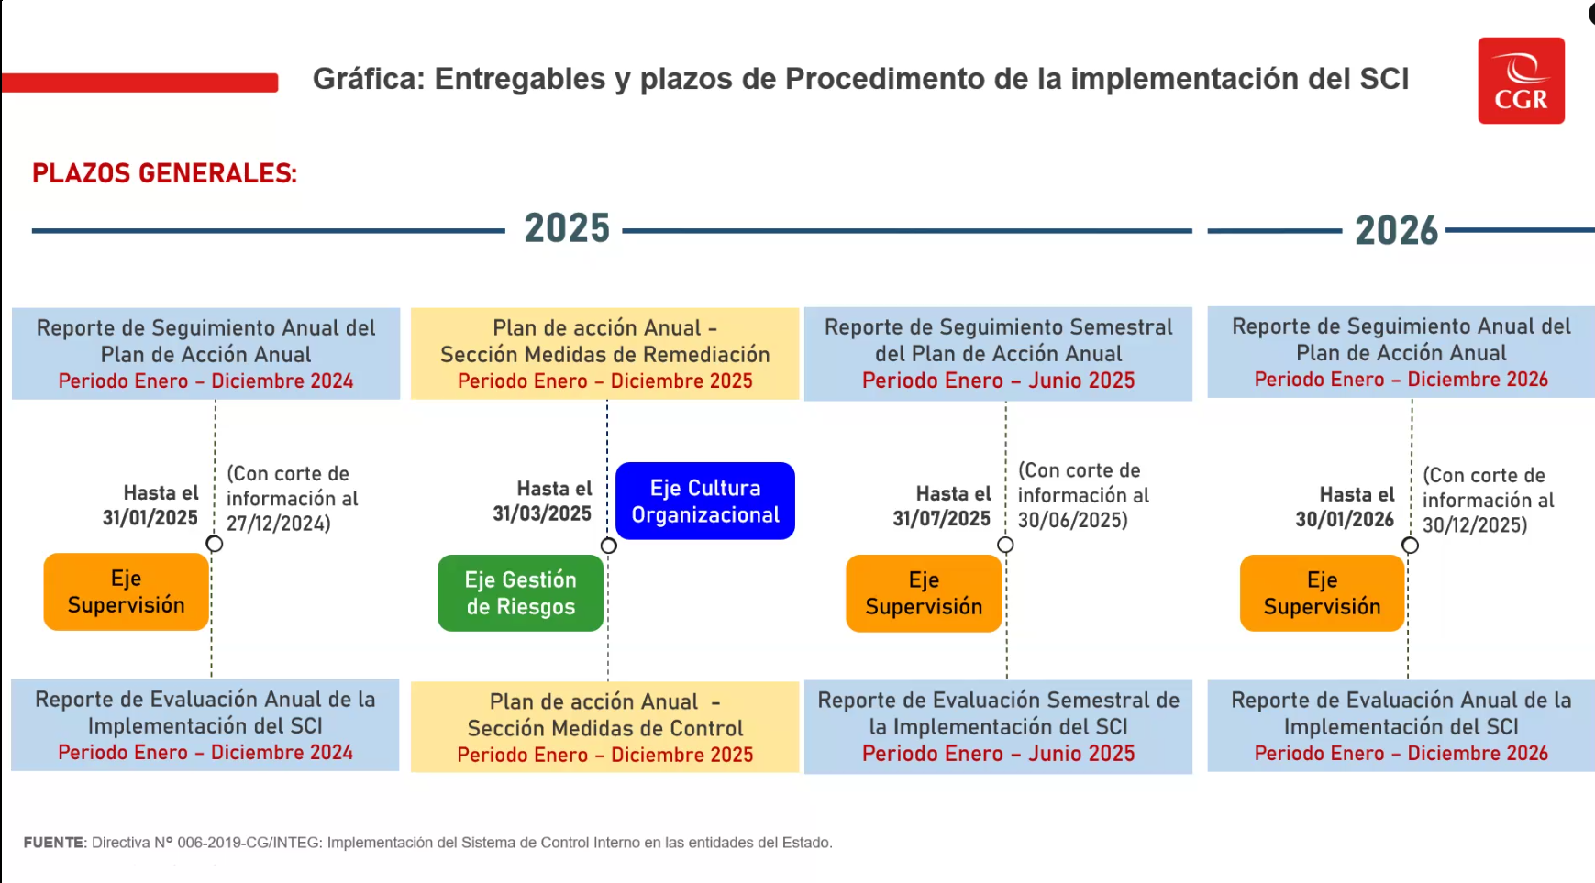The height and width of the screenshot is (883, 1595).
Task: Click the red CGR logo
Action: (1521, 81)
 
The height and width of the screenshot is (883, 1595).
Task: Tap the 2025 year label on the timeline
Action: (567, 228)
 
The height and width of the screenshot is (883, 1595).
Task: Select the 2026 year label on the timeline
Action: (1396, 230)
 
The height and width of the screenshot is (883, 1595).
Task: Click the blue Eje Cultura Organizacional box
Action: (705, 501)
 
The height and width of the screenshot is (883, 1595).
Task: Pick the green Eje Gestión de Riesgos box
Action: (521, 593)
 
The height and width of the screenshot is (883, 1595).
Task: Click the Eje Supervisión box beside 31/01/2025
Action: (127, 591)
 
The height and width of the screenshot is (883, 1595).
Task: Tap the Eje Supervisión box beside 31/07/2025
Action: (924, 593)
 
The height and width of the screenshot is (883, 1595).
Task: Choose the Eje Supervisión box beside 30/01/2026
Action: (1322, 593)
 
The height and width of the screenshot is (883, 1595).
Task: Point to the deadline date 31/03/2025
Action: (542, 513)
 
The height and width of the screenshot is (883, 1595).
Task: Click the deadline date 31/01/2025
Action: (150, 517)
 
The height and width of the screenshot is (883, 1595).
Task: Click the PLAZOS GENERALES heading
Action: (165, 173)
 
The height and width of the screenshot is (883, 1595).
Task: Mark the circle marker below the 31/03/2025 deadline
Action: (608, 546)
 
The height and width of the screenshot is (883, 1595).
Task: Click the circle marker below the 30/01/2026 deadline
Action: (1410, 546)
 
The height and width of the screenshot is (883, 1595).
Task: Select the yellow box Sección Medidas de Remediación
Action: (605, 354)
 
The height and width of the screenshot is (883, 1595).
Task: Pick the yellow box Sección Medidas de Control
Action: (605, 727)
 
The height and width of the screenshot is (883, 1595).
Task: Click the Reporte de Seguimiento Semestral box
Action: (998, 354)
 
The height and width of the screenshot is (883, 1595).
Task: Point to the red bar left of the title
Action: (139, 83)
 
